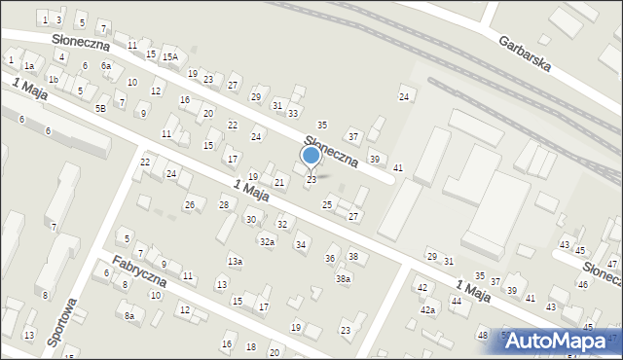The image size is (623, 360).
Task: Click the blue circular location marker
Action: [311, 156]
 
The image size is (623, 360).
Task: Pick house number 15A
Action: [169, 57]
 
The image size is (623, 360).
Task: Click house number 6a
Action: [106, 65]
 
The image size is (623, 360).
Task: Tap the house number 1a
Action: [29, 65]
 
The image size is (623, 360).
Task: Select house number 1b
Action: [54, 80]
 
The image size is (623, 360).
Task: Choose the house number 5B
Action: [100, 108]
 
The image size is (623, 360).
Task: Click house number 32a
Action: [267, 241]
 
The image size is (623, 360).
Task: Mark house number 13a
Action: [235, 261]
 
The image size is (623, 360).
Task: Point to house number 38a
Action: [344, 279]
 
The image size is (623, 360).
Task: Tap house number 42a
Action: [427, 309]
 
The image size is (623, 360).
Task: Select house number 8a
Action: [128, 315]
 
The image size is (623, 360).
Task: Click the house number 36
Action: [330, 258]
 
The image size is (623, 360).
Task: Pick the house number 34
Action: [301, 244]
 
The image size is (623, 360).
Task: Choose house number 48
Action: [482, 336]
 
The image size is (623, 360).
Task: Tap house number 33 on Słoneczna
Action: [292, 114]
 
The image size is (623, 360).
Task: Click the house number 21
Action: [279, 183]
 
